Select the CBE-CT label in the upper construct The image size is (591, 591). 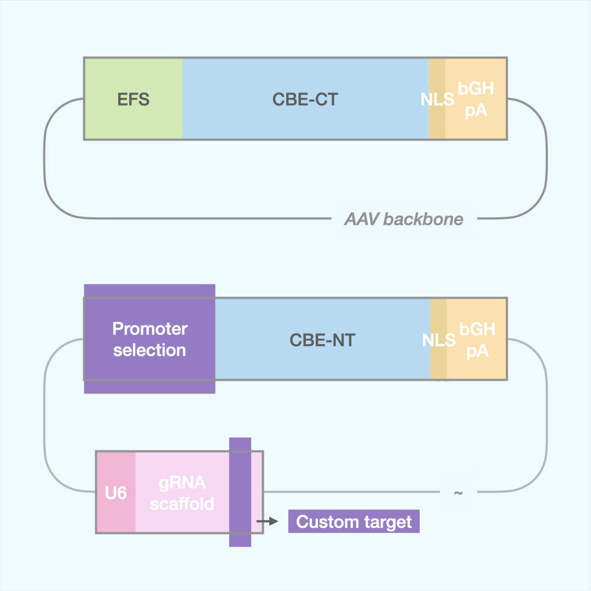[x=305, y=100]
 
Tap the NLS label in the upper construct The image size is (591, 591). [x=437, y=100]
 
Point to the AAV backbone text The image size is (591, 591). [x=403, y=219]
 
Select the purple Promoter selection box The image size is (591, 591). [x=149, y=339]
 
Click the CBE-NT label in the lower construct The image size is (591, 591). [x=322, y=340]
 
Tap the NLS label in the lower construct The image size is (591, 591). [x=438, y=340]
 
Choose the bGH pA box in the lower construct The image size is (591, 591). [x=477, y=340]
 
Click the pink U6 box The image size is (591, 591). [x=116, y=493]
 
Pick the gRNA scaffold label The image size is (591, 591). [x=182, y=493]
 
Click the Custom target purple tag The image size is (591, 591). [x=354, y=522]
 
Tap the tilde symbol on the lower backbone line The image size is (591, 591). [x=458, y=493]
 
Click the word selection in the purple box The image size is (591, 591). [x=149, y=350]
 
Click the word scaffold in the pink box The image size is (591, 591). [x=182, y=504]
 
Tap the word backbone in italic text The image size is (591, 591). [x=423, y=219]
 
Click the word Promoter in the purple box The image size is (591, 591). [x=149, y=329]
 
